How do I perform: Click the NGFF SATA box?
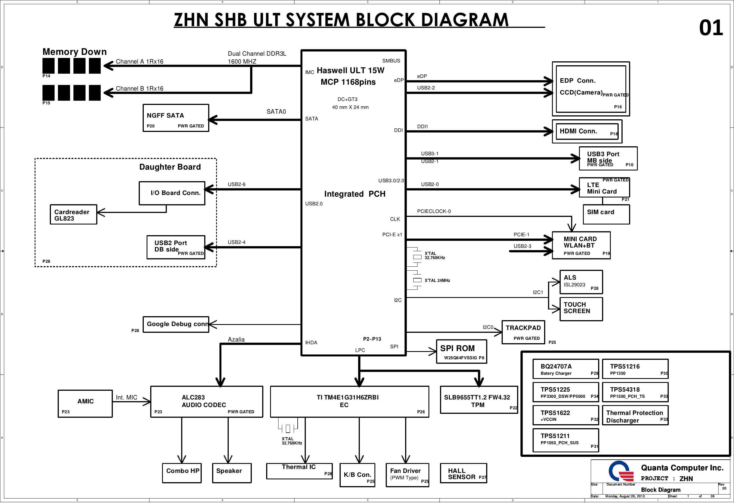pyautogui.click(x=176, y=118)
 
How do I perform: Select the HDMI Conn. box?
pyautogui.click(x=587, y=131)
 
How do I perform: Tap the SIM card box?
pyautogui.click(x=606, y=214)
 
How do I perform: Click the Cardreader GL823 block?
pyautogui.click(x=73, y=215)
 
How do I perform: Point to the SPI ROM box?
pyautogui.click(x=461, y=352)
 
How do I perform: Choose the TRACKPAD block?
pyautogui.click(x=523, y=332)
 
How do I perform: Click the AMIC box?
pyautogui.click(x=85, y=403)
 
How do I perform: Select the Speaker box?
pyautogui.click(x=232, y=473)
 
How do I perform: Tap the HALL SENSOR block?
pyautogui.click(x=463, y=473)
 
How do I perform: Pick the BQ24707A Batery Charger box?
pyautogui.click(x=565, y=369)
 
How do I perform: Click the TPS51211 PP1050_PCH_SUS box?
pyautogui.click(x=565, y=440)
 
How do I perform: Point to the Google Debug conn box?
pyautogui.click(x=176, y=324)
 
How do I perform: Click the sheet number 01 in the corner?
pyautogui.click(x=711, y=28)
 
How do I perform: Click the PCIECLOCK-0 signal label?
pyautogui.click(x=434, y=211)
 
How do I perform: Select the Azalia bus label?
pyautogui.click(x=236, y=340)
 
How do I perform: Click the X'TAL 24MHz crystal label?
pyautogui.click(x=437, y=280)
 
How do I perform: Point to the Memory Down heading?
pyautogui.click(x=75, y=52)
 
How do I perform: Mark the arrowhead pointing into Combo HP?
pyautogui.click(x=182, y=459)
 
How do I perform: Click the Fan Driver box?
pyautogui.click(x=407, y=475)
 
